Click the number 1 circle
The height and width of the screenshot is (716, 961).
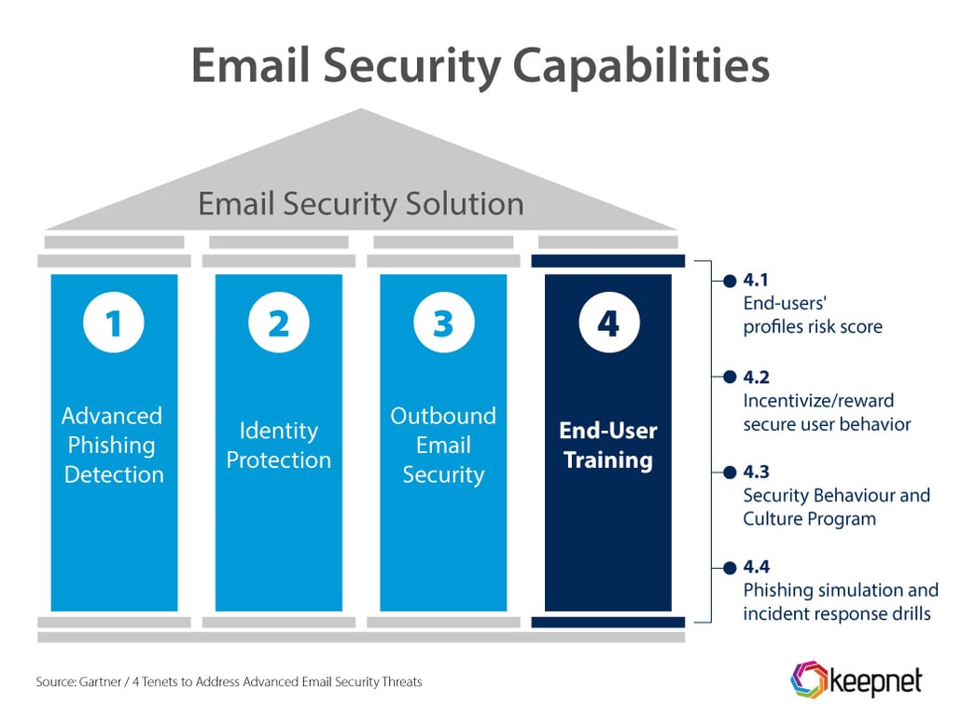[x=114, y=323]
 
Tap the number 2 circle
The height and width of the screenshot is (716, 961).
[x=279, y=323]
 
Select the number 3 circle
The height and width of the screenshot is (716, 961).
[x=444, y=323]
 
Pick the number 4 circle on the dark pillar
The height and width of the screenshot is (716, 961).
[x=608, y=323]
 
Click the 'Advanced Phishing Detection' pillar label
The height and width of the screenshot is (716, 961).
[x=114, y=446]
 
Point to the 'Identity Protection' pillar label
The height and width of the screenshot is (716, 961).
[x=279, y=446]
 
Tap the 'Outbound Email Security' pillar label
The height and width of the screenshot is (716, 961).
[x=444, y=446]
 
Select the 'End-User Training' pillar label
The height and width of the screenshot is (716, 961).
[x=608, y=446]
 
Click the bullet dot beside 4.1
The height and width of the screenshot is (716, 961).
[x=730, y=282]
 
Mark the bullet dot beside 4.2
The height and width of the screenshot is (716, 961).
[x=730, y=377]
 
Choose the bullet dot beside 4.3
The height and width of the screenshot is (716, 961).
[x=730, y=473]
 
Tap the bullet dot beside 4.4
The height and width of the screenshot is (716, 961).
[x=730, y=568]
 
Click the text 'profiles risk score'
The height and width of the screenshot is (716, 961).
[x=813, y=327]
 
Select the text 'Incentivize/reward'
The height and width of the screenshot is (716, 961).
[x=818, y=401]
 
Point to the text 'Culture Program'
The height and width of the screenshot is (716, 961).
[x=810, y=519]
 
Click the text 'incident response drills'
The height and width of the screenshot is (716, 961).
[x=837, y=613]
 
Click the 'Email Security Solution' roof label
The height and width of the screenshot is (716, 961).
[x=361, y=204]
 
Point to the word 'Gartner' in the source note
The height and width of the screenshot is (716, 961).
[x=100, y=682]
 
